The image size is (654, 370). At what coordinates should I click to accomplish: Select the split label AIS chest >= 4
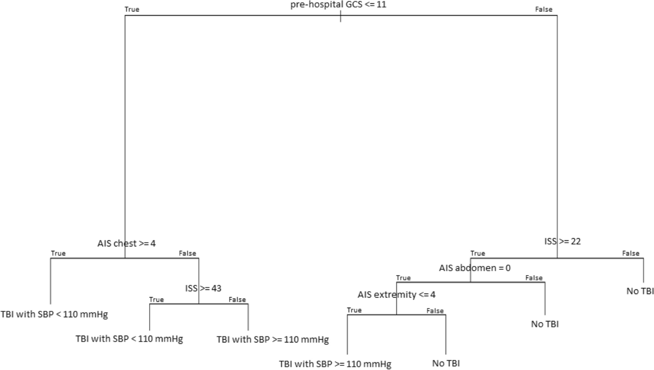pyautogui.click(x=127, y=243)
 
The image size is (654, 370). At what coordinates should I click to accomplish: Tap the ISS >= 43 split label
pyautogui.click(x=200, y=289)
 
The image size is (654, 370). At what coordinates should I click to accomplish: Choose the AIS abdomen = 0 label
pyautogui.click(x=475, y=268)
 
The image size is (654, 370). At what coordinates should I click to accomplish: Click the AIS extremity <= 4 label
pyautogui.click(x=396, y=295)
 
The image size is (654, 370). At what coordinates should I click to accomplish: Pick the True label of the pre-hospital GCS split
pyautogui.click(x=132, y=9)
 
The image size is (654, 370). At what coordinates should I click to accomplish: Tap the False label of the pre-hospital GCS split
pyautogui.click(x=543, y=9)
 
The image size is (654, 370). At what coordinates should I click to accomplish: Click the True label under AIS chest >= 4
pyautogui.click(x=58, y=253)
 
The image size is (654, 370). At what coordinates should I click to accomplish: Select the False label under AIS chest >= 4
pyautogui.click(x=187, y=253)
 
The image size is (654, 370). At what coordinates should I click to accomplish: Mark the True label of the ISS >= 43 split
pyautogui.click(x=157, y=299)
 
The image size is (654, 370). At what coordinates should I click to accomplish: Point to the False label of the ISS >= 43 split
pyautogui.click(x=237, y=299)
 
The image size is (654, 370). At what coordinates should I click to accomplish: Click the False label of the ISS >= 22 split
pyautogui.click(x=630, y=253)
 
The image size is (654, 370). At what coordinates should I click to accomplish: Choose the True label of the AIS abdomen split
pyautogui.click(x=403, y=278)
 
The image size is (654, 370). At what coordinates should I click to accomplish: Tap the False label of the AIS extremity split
pyautogui.click(x=435, y=311)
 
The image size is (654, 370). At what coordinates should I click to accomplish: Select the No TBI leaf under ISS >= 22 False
pyautogui.click(x=640, y=291)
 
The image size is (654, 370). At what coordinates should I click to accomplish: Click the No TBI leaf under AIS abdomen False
pyautogui.click(x=545, y=324)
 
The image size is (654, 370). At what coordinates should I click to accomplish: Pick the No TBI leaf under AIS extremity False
pyautogui.click(x=446, y=364)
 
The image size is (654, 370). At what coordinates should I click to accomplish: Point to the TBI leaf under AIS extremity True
pyautogui.click(x=335, y=364)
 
